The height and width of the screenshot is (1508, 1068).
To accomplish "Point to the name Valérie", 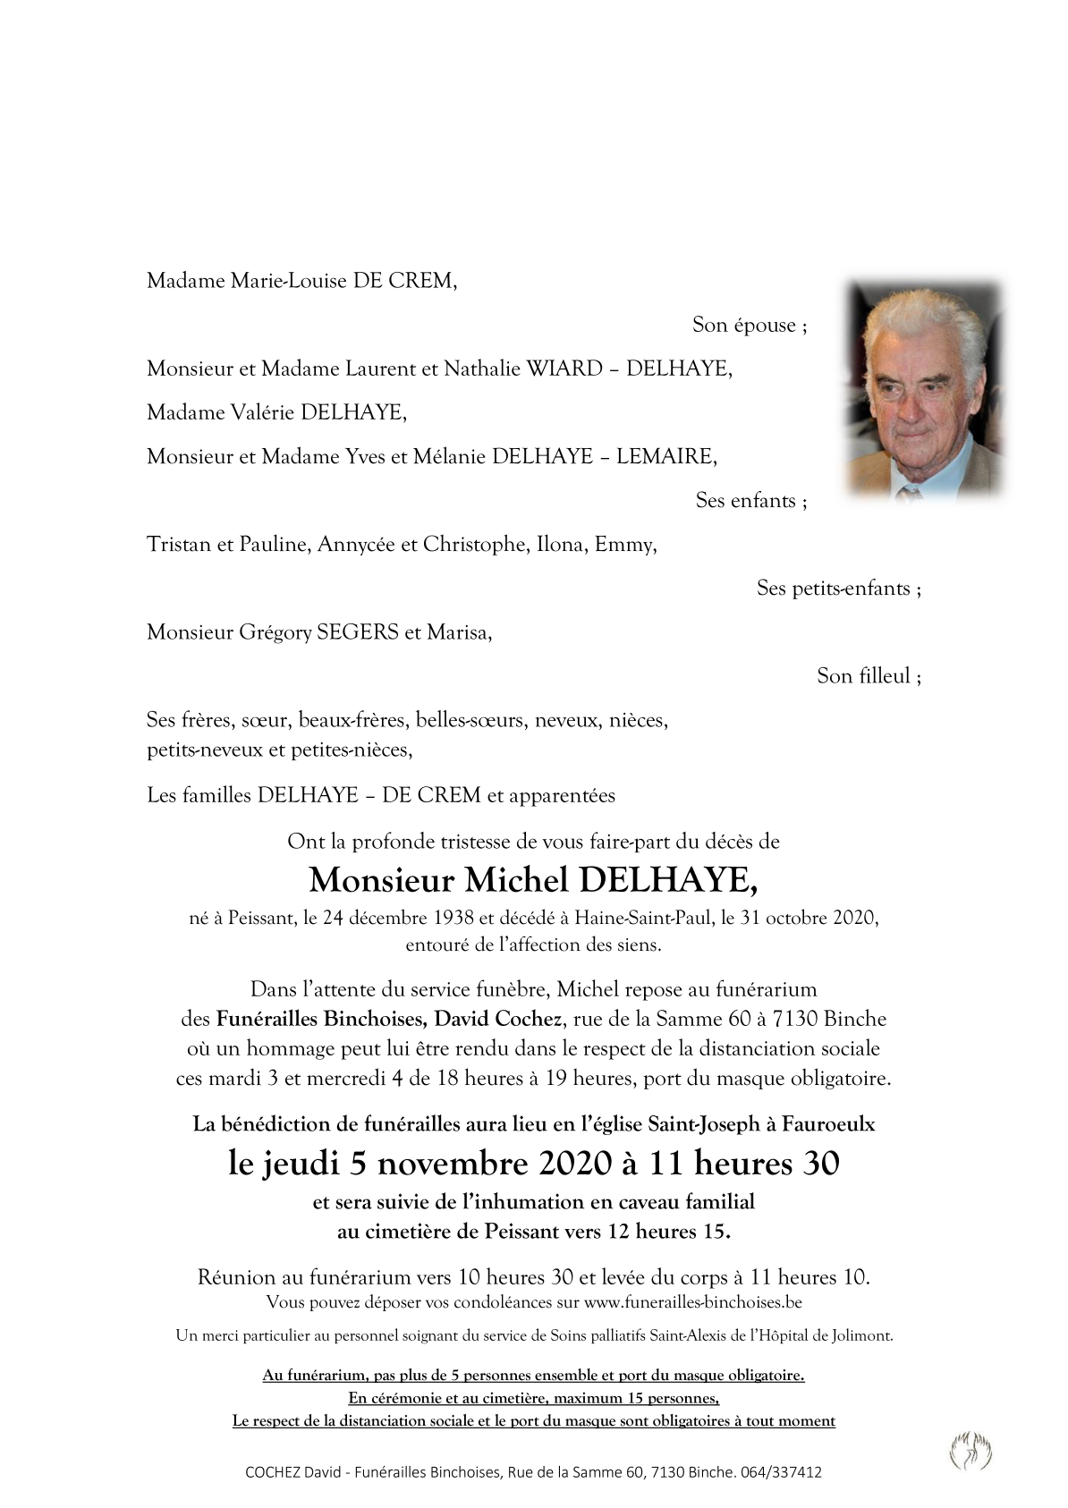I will click(x=264, y=412).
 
